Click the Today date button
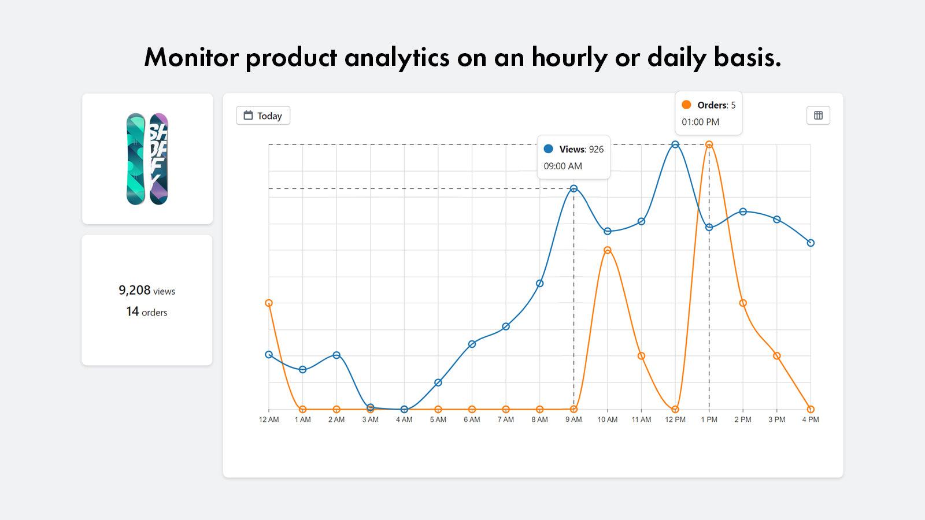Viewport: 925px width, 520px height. click(263, 116)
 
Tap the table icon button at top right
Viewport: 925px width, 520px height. click(818, 116)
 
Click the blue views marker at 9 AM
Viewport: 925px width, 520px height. click(573, 188)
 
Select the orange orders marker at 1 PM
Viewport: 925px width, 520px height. click(709, 144)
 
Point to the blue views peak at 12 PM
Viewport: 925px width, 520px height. click(675, 144)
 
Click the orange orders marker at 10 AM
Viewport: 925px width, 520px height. click(608, 250)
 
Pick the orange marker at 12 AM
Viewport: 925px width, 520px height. click(269, 303)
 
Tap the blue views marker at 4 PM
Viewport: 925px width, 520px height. click(811, 243)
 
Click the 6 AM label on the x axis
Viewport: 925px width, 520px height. click(472, 419)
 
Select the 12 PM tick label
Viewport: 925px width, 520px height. click(675, 419)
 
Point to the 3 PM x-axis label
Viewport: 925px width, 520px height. click(776, 419)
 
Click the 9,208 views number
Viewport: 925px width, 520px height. click(135, 290)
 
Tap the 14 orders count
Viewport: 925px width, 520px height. click(132, 311)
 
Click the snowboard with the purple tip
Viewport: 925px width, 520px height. click(158, 159)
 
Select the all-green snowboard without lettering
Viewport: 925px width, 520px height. click(136, 159)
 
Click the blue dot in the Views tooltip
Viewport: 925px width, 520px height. click(549, 149)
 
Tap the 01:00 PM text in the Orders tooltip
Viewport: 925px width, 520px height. click(700, 122)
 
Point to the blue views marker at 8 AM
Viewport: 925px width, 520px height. click(539, 283)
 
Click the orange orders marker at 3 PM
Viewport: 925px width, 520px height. click(777, 356)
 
